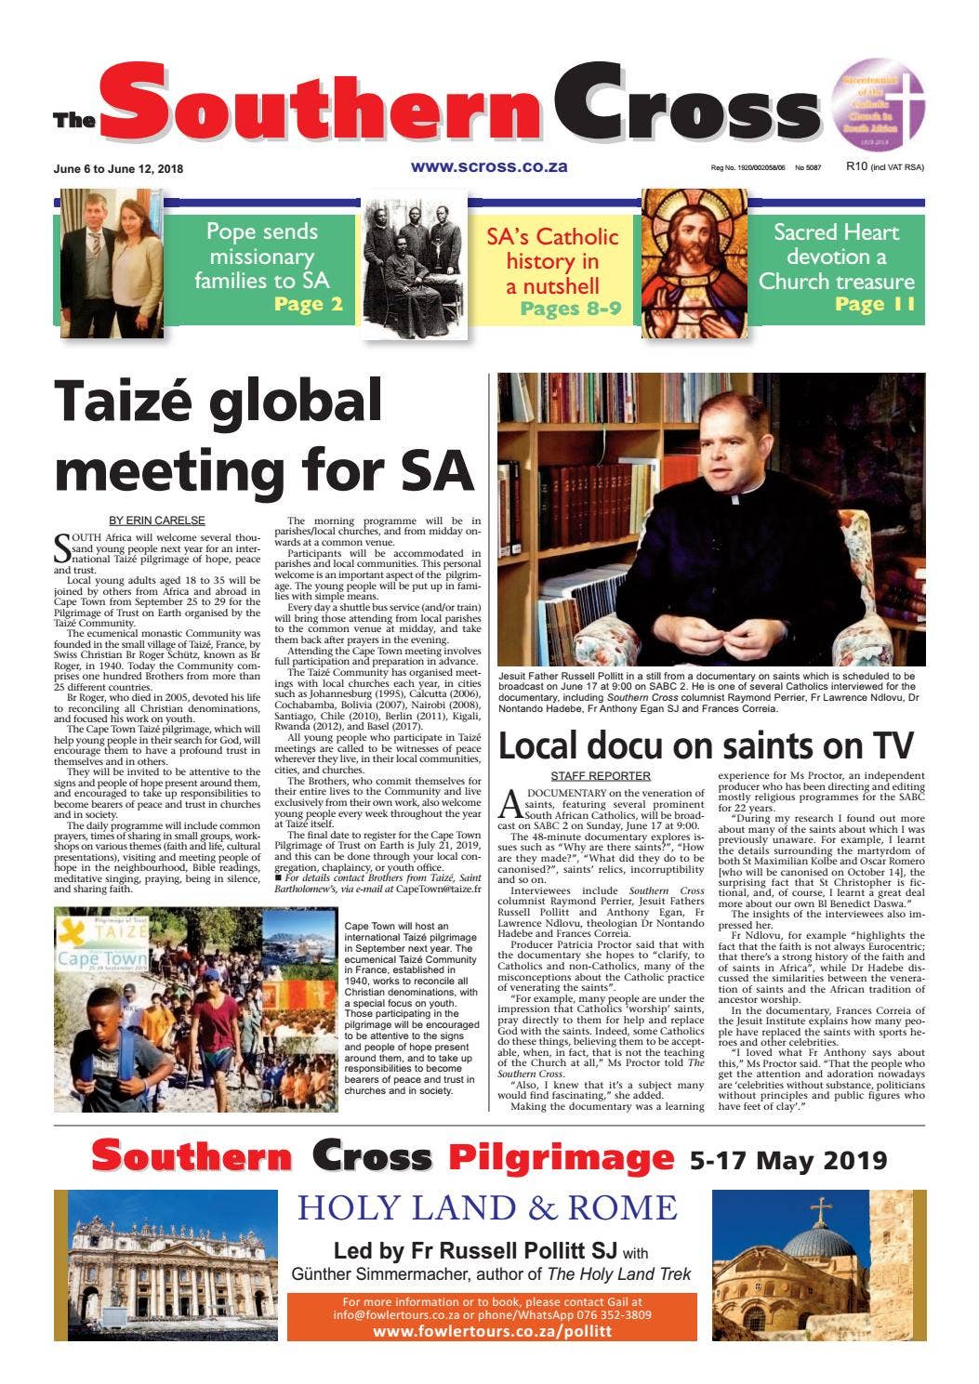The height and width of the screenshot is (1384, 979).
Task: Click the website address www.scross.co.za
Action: (488, 167)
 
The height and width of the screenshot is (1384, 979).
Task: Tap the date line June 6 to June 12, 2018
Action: (118, 169)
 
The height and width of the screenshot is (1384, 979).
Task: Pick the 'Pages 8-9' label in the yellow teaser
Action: (570, 309)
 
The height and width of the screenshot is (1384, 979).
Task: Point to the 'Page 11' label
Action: (875, 304)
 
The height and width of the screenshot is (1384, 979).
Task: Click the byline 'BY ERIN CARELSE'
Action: (157, 521)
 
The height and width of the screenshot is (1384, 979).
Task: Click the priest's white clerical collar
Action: (744, 499)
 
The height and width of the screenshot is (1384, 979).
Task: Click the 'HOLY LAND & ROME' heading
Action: (487, 1207)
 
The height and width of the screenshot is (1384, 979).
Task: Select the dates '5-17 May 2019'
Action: (787, 1160)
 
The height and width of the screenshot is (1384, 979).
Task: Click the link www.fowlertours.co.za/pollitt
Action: (492, 1331)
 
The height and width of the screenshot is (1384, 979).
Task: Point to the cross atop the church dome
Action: (820, 1210)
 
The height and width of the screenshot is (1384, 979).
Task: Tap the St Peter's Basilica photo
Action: (165, 1265)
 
